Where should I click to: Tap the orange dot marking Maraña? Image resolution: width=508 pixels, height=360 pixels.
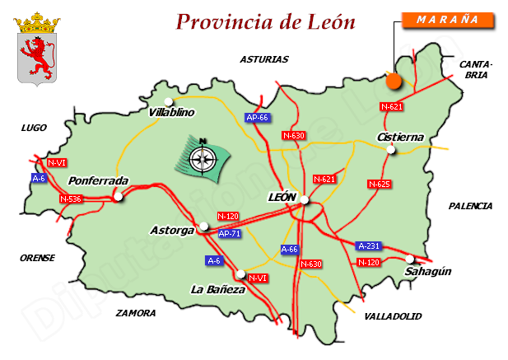tap(394, 81)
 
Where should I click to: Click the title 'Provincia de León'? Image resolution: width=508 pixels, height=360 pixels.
tap(266, 21)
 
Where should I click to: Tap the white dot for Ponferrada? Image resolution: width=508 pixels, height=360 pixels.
tap(119, 197)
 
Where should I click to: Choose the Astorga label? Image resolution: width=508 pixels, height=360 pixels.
tap(172, 230)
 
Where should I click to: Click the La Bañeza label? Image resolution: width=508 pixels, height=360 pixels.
tap(217, 289)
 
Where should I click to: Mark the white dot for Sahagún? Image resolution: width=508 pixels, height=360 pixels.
tap(410, 258)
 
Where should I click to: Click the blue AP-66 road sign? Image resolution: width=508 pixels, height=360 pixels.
tap(258, 118)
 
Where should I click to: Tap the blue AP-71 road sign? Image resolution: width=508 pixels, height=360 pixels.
tap(231, 234)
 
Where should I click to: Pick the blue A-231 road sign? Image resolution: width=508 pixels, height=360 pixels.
tap(368, 245)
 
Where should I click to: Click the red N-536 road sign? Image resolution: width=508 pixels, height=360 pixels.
tap(72, 199)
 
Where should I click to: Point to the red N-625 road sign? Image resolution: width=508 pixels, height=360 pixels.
tap(379, 184)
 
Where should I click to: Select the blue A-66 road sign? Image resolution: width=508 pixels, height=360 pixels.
tap(290, 249)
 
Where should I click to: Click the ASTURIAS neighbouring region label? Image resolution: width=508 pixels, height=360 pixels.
tap(264, 59)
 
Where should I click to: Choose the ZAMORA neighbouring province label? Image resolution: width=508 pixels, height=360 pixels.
tap(136, 313)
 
